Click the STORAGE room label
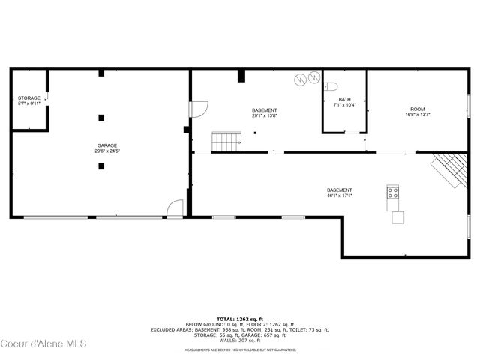[x=29, y=97]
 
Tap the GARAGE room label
[x=106, y=145]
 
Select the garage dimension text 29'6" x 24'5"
[x=106, y=151]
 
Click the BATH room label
[x=344, y=99]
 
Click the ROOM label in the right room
[x=417, y=109]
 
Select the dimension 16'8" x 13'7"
[x=417, y=115]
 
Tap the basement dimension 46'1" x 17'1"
[x=339, y=196]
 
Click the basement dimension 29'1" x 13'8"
[x=264, y=115]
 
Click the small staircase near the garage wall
[x=227, y=140]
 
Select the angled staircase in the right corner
[x=447, y=169]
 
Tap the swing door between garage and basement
[x=199, y=109]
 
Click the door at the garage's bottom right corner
[x=175, y=209]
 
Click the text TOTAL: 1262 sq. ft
[x=240, y=318]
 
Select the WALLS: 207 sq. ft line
[x=240, y=340]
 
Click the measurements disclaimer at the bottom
[x=240, y=349]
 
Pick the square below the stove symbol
[x=397, y=217]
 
